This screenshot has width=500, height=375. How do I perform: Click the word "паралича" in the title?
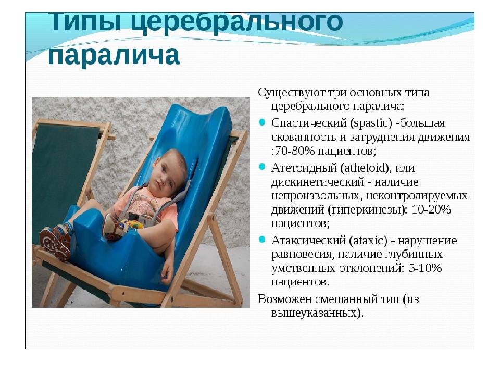tap(114, 55)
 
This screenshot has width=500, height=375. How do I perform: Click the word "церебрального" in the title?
tap(237, 22)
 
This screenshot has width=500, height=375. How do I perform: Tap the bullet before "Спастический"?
tap(262, 122)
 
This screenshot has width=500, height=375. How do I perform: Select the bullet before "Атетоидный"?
tap(262, 167)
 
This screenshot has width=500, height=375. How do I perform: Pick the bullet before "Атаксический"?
tap(262, 240)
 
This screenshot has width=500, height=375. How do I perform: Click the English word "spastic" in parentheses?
tap(371, 123)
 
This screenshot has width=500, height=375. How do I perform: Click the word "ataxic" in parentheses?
tap(368, 241)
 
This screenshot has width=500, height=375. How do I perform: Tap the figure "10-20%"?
tap(431, 210)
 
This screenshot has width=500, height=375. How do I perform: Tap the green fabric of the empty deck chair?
tap(61, 179)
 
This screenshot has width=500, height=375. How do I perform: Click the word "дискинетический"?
tap(318, 182)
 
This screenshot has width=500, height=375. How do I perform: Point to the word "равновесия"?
tap(302, 255)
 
